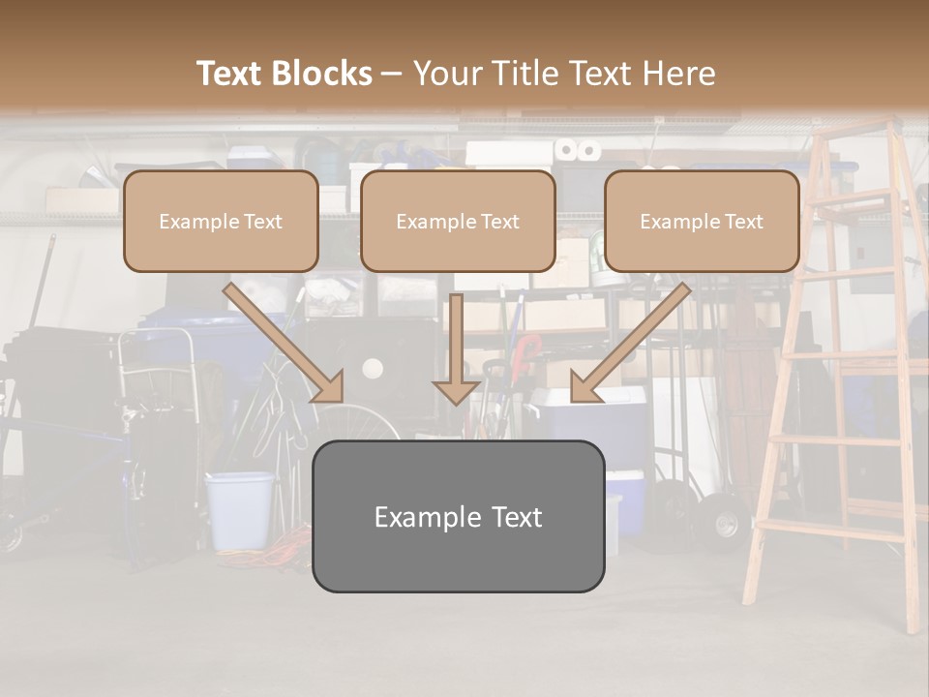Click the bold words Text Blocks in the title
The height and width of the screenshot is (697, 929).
pyautogui.click(x=285, y=74)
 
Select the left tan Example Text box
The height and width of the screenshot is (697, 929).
pyautogui.click(x=221, y=222)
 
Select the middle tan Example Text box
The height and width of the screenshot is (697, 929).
pyautogui.click(x=458, y=222)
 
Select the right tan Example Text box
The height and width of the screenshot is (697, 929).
pyautogui.click(x=702, y=222)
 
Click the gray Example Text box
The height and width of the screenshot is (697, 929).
pyautogui.click(x=458, y=516)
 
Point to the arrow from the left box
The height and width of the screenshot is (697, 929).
pyautogui.click(x=283, y=343)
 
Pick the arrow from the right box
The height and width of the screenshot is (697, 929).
pyautogui.click(x=631, y=343)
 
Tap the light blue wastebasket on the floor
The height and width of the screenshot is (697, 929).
pyautogui.click(x=239, y=509)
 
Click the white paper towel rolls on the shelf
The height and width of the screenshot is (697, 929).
pyautogui.click(x=577, y=150)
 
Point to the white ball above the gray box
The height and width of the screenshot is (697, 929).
pyautogui.click(x=373, y=368)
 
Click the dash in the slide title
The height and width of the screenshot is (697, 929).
pyautogui.click(x=392, y=74)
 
